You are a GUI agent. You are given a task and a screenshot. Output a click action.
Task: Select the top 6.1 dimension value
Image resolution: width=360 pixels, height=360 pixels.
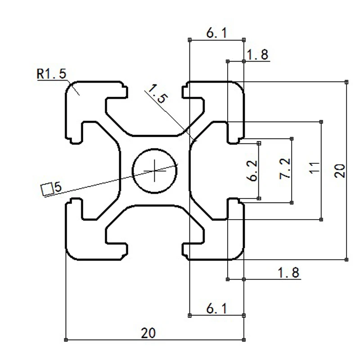click(x=216, y=33)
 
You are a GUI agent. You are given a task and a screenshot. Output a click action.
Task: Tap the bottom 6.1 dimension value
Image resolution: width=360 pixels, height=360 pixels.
click(x=216, y=309)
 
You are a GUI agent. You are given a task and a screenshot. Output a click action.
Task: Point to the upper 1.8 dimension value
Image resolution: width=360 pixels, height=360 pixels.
click(x=258, y=55)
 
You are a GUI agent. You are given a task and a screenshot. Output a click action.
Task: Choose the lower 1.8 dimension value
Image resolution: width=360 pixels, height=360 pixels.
click(x=288, y=273)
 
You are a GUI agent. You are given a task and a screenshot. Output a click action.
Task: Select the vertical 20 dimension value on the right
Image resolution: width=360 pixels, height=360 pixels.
click(x=340, y=171)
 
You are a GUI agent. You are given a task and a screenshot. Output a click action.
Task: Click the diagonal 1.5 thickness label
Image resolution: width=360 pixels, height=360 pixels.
click(x=157, y=94)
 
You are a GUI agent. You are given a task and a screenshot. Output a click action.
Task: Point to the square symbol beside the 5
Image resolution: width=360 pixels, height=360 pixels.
click(x=46, y=189)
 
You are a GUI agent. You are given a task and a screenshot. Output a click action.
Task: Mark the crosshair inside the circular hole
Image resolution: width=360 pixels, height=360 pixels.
click(x=155, y=171)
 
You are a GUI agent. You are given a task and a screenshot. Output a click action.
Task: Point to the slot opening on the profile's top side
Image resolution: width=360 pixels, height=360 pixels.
click(x=155, y=86)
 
